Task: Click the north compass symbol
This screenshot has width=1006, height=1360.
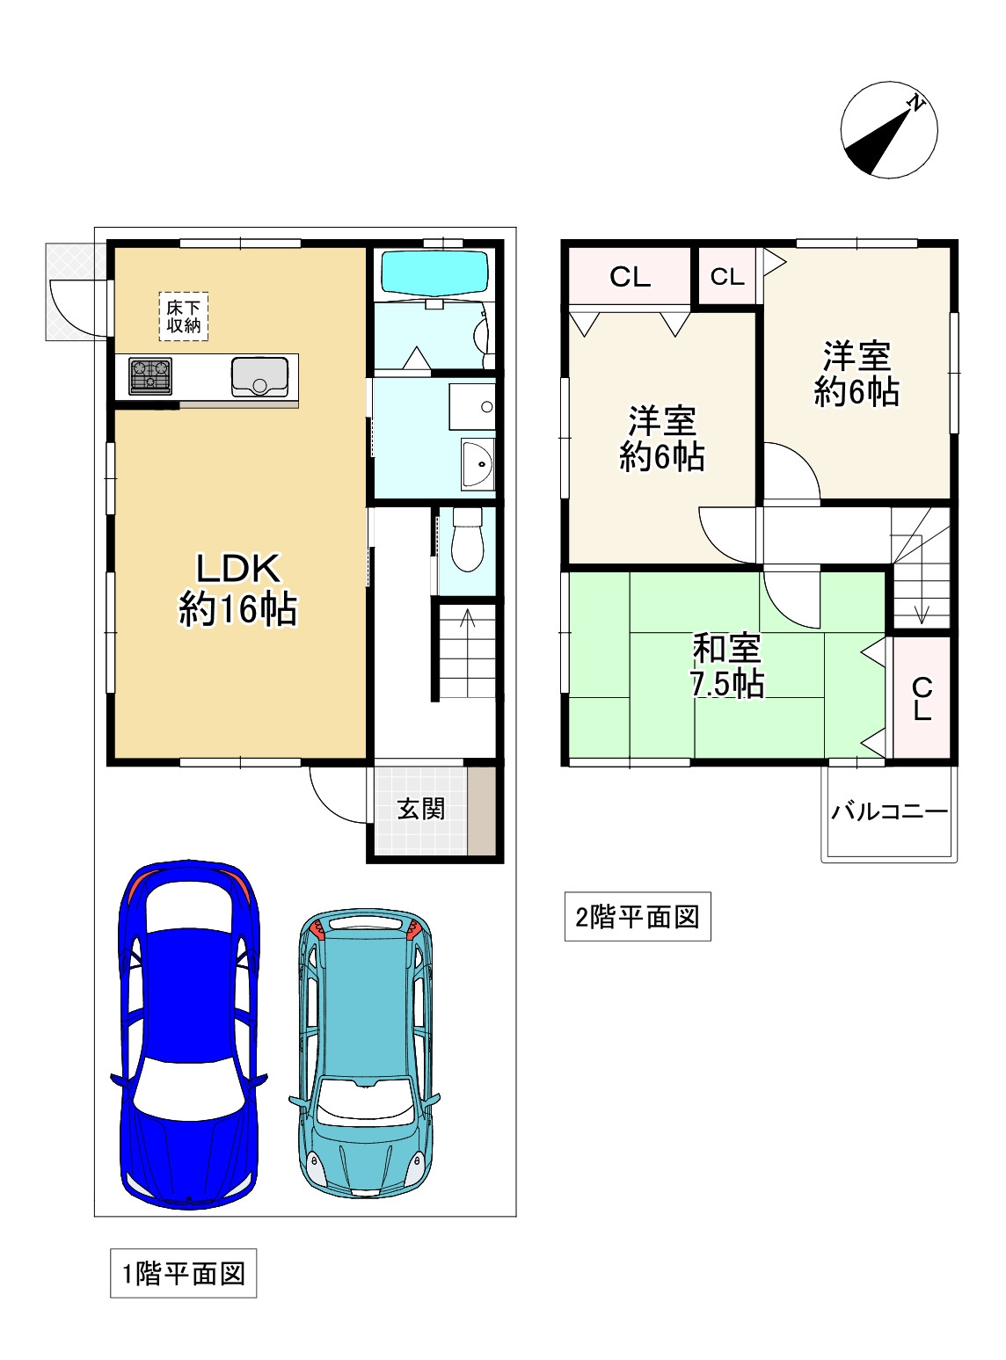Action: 888,130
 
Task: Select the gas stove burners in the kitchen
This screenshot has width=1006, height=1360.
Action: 150,375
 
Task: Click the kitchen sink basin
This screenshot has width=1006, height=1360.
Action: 259,376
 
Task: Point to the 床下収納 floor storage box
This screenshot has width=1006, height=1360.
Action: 184,316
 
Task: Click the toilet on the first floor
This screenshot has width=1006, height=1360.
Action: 468,539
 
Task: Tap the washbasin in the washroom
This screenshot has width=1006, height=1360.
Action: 477,464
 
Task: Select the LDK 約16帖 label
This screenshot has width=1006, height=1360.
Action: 238,589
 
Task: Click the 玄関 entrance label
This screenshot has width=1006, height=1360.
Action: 421,810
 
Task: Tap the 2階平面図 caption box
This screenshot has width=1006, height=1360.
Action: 638,917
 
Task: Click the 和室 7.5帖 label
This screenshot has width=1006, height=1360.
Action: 727,665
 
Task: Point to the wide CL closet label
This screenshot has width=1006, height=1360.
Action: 630,278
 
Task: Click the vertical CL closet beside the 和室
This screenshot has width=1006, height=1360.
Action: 922,698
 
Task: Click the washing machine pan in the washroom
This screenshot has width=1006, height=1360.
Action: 471,406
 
